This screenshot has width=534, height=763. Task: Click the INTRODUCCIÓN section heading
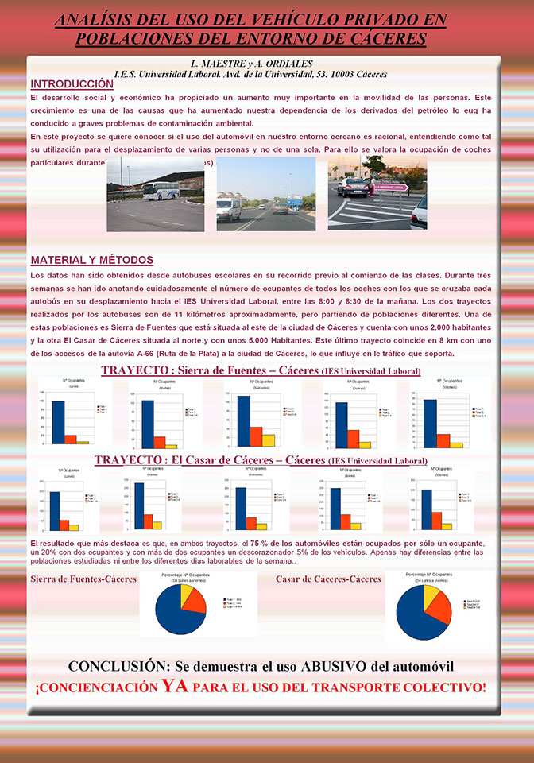72,83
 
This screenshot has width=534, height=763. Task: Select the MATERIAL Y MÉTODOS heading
92,260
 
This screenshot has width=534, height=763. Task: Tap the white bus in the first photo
162,192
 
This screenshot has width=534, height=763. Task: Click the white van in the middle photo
228,208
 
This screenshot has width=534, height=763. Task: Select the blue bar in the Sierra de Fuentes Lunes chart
58,422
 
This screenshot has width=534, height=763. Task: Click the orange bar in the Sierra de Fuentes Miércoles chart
256,437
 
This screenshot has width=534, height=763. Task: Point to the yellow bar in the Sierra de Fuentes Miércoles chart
269,440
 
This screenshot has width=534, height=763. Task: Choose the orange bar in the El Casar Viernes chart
435,521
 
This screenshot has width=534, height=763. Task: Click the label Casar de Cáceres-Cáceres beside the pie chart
328,579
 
